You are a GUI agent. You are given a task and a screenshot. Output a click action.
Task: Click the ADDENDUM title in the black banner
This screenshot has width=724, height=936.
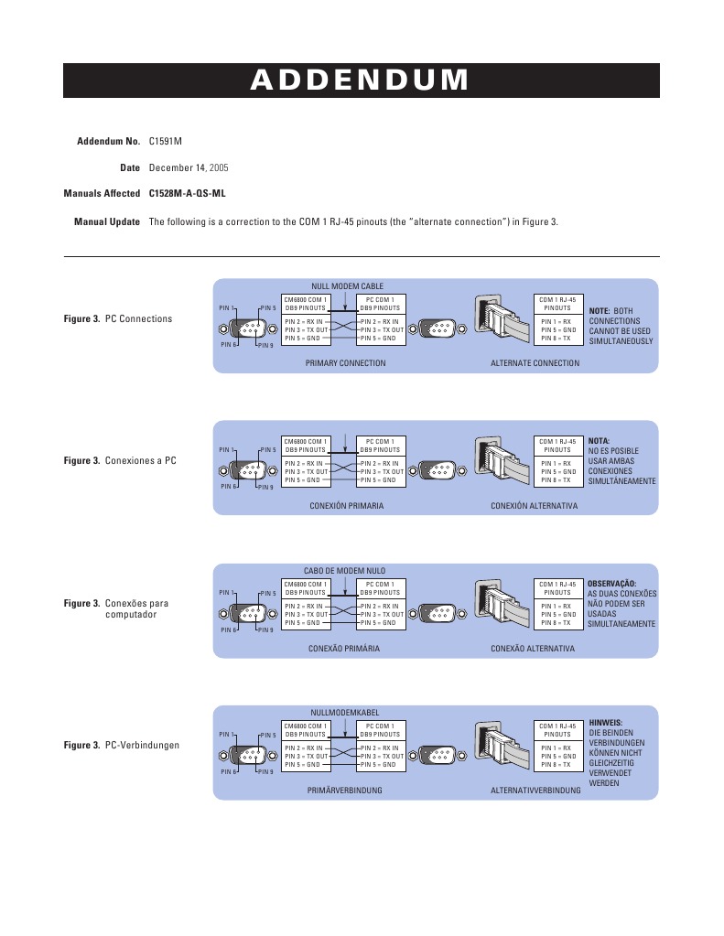click(x=361, y=81)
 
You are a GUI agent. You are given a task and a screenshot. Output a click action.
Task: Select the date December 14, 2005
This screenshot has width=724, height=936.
click(x=189, y=168)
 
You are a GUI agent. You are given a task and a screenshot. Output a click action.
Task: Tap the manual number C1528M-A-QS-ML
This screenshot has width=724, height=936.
click(x=187, y=194)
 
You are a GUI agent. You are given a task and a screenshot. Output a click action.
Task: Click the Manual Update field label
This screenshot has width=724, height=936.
click(x=106, y=221)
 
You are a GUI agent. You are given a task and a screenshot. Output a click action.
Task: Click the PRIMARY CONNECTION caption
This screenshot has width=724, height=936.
click(x=345, y=363)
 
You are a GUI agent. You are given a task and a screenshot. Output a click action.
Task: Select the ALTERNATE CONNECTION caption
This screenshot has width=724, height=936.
click(x=535, y=363)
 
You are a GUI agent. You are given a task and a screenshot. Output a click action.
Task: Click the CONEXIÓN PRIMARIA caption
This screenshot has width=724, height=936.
click(x=345, y=505)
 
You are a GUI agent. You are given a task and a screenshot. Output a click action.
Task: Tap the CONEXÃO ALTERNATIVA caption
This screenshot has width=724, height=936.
click(x=533, y=648)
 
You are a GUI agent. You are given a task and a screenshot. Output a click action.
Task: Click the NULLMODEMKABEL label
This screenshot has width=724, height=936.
click(x=345, y=712)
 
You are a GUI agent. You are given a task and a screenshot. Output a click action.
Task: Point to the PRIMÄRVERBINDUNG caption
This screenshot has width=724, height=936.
click(x=345, y=790)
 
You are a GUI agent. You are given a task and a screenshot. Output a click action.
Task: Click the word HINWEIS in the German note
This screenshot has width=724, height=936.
click(x=605, y=722)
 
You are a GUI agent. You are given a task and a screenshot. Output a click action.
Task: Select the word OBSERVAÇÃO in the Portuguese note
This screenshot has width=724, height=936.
click(x=611, y=583)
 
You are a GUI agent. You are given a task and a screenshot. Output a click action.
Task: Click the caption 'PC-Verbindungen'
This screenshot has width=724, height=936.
click(x=142, y=746)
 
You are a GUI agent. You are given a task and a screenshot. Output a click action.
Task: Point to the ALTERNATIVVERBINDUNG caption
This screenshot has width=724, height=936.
click(x=535, y=790)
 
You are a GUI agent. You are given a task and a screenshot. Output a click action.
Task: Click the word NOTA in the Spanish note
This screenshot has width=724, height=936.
click(x=599, y=440)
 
